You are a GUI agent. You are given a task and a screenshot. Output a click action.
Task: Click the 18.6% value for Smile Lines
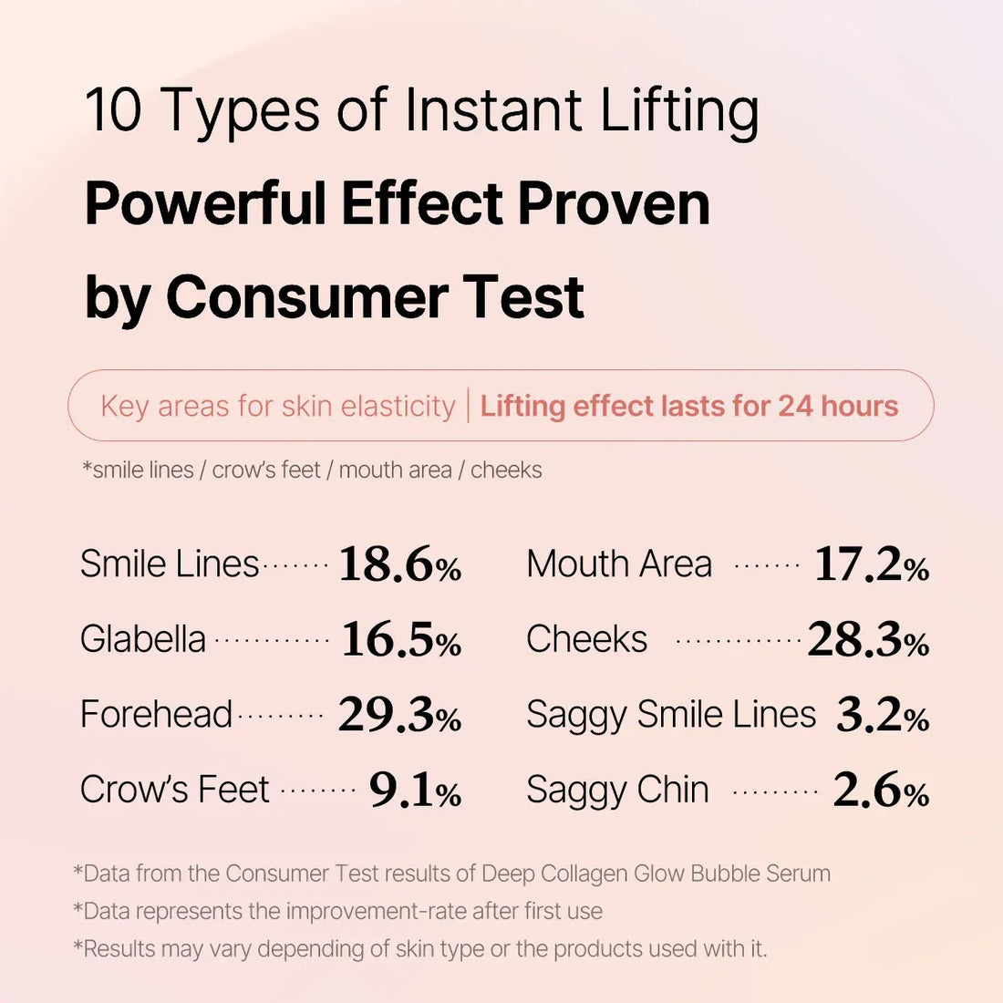(399, 564)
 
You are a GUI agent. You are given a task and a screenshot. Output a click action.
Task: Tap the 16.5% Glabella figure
(401, 640)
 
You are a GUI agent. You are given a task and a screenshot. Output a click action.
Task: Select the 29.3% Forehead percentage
(399, 715)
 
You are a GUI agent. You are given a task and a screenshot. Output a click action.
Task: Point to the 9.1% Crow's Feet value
(415, 791)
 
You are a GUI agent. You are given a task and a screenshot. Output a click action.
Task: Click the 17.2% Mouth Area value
(871, 564)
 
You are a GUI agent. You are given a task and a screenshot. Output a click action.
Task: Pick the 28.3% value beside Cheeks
(868, 640)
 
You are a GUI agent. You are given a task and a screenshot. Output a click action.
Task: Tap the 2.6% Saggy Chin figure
(881, 791)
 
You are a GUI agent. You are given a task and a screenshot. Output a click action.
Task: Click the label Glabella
(143, 639)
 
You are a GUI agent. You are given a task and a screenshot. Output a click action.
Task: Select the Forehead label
(156, 714)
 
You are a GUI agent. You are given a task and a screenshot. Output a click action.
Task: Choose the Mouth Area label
(619, 564)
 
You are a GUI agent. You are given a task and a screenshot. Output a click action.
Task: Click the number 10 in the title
(113, 110)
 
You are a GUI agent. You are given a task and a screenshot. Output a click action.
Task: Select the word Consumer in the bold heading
(306, 297)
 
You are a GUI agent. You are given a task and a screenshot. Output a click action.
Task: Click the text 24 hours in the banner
(838, 406)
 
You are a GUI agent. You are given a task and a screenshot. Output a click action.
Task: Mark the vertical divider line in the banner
(468, 406)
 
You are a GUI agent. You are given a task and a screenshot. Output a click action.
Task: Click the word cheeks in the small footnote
(506, 470)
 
